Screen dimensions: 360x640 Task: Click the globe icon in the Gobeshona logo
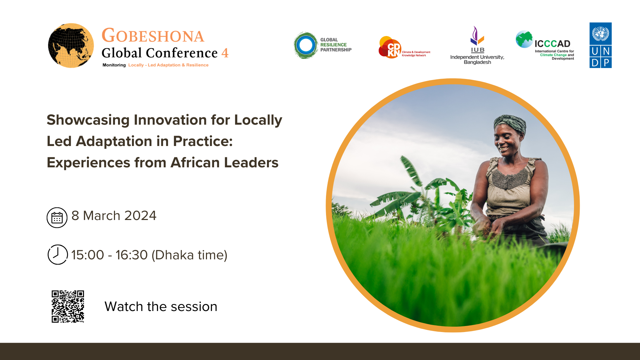(x=71, y=46)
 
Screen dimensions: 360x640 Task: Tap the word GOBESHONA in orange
(x=153, y=36)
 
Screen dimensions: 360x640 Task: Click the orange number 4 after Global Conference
(x=225, y=53)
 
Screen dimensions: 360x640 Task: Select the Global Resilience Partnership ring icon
(x=306, y=45)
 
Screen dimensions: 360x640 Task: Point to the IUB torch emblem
(x=477, y=36)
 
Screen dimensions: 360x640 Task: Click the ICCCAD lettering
(x=552, y=44)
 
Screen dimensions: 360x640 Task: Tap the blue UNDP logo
(x=600, y=45)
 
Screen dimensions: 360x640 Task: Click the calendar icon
(x=57, y=218)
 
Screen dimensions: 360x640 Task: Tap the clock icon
(x=57, y=255)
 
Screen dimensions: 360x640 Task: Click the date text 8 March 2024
(x=114, y=216)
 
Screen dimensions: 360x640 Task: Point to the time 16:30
(x=131, y=255)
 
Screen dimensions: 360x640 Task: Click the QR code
(x=68, y=306)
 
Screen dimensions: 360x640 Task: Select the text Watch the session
(x=161, y=307)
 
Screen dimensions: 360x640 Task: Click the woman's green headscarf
(x=510, y=122)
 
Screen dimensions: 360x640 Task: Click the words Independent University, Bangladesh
(x=477, y=60)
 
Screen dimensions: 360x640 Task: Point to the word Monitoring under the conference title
(x=114, y=65)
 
